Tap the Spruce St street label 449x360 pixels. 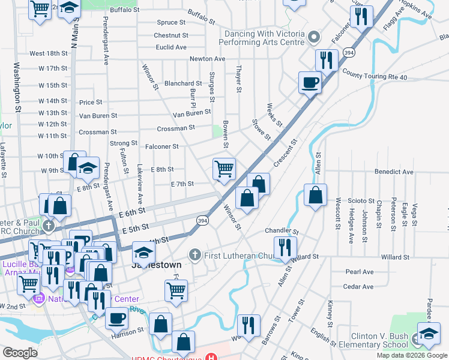click(172, 23)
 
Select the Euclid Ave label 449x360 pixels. click(171, 47)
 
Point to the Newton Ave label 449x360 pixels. click(207, 59)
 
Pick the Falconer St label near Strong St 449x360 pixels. click(162, 146)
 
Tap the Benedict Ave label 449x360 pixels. click(394, 172)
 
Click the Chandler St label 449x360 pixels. click(281, 231)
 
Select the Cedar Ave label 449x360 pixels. click(359, 287)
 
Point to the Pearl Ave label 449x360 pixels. click(360, 272)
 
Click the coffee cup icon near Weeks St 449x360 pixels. click(310, 82)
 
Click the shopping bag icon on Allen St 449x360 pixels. click(315, 195)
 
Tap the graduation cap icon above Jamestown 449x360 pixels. click(143, 252)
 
